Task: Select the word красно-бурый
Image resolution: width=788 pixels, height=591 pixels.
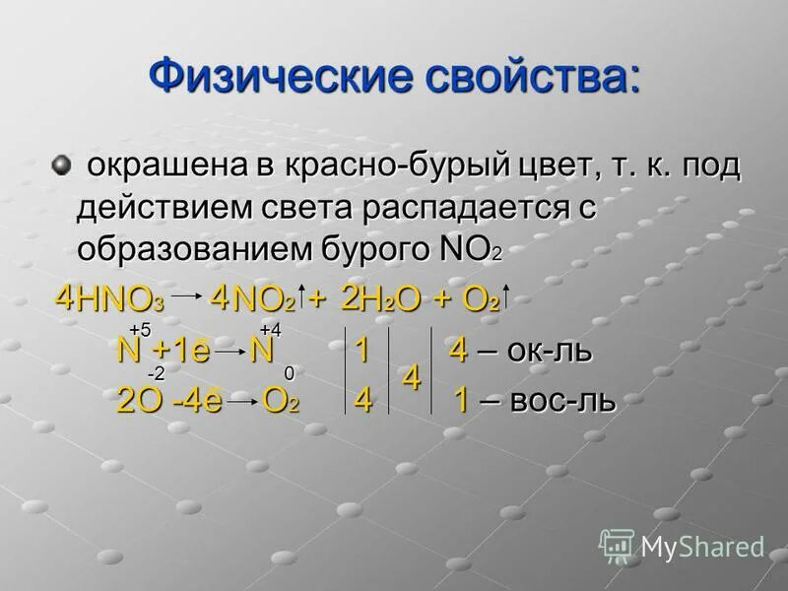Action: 399,168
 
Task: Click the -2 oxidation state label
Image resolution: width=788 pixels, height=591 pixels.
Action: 157,374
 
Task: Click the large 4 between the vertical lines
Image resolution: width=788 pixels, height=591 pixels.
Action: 413,378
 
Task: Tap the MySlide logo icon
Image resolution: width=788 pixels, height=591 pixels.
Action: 617,546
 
